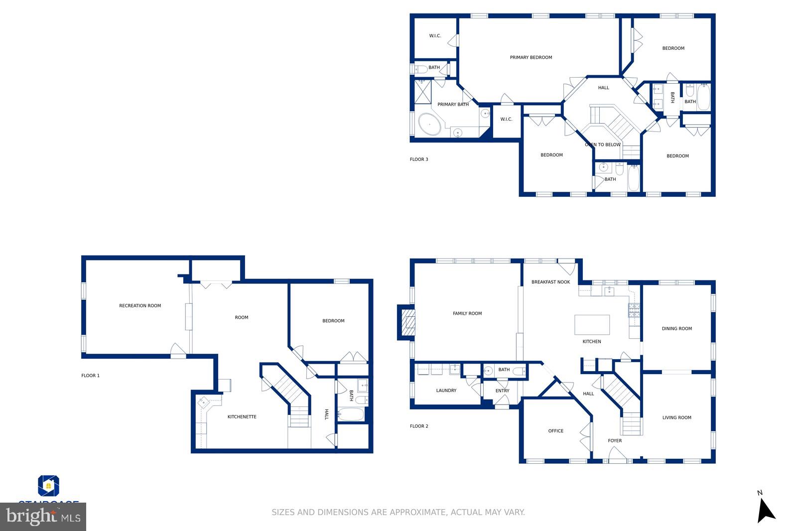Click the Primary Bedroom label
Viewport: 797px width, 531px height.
[x=531, y=57]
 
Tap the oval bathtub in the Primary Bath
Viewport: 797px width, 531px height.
[x=429, y=124]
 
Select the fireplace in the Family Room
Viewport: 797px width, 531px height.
[x=406, y=322]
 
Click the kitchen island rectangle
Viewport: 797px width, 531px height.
[x=592, y=325]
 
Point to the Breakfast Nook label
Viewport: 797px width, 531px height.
[x=550, y=282]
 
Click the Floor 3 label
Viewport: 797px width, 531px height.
[x=418, y=159]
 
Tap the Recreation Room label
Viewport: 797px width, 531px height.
[x=140, y=306]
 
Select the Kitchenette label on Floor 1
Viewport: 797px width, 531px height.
[x=242, y=417]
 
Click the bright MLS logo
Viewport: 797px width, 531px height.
[x=43, y=517]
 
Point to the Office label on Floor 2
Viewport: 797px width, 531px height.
[x=555, y=431]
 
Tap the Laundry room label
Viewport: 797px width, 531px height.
[x=446, y=391]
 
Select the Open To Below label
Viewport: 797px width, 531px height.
[x=603, y=145]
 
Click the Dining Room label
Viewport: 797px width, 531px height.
[x=676, y=329]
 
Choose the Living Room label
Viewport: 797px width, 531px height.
[x=676, y=418]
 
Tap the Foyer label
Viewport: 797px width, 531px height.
[x=615, y=441]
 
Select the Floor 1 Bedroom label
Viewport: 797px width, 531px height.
[x=333, y=321]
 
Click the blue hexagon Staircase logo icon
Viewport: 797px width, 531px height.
[x=49, y=486]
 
